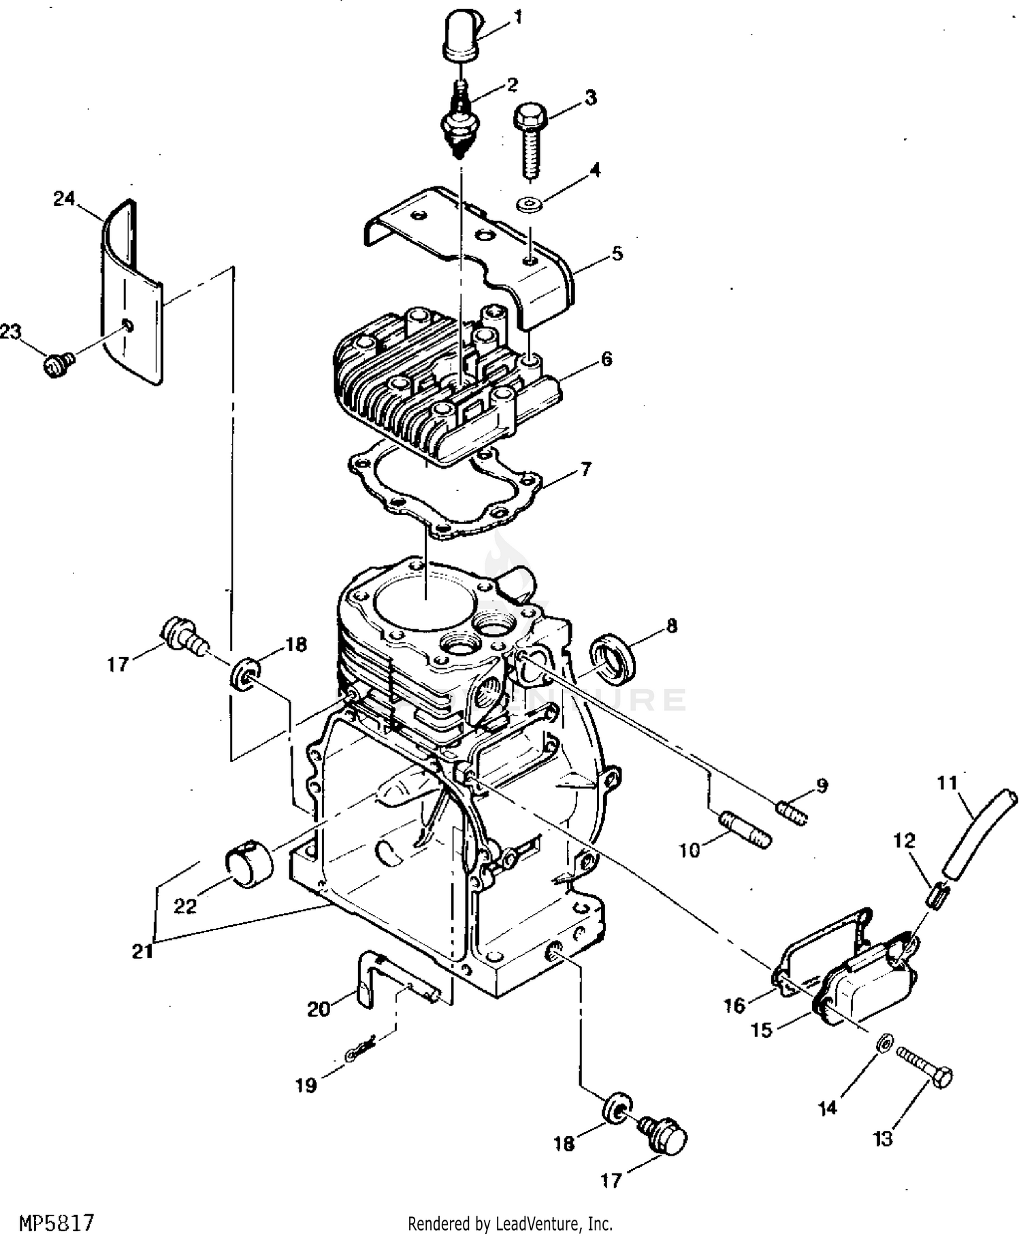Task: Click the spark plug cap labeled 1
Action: (x=461, y=36)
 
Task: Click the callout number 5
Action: (x=617, y=254)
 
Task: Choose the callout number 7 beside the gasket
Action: (x=585, y=469)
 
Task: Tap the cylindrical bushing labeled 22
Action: (x=248, y=864)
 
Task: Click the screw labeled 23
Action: (x=59, y=366)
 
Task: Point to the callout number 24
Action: (x=64, y=200)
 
